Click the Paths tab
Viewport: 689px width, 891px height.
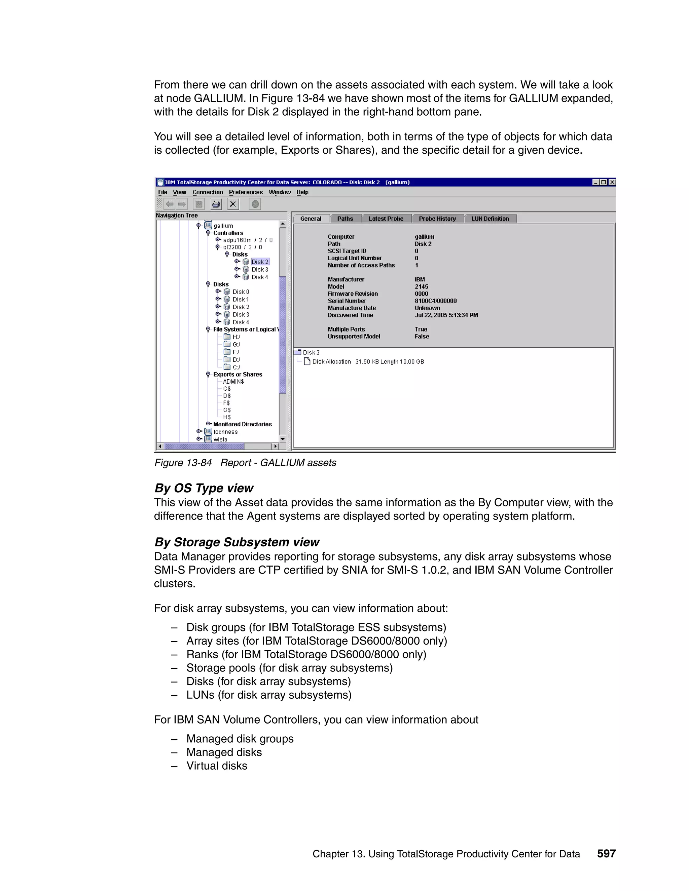coord(345,219)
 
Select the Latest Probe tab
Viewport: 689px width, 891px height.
coord(386,219)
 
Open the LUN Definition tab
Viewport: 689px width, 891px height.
coord(490,219)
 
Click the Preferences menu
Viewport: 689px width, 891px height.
coord(245,192)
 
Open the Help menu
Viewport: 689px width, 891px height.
coord(302,192)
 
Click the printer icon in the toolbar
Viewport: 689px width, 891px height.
coord(216,204)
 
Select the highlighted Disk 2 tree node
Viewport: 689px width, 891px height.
coord(260,262)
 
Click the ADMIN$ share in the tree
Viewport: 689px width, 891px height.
coord(233,382)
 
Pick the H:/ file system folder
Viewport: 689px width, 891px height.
coord(236,337)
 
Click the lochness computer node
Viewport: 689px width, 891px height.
coord(225,432)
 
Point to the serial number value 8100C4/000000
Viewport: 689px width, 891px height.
coord(436,301)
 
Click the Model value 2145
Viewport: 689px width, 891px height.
coord(421,286)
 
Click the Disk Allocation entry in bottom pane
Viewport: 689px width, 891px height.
coord(331,361)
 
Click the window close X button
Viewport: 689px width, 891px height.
coord(612,182)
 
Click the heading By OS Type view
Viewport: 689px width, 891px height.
coord(204,488)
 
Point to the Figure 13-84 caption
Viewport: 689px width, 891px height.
coord(245,463)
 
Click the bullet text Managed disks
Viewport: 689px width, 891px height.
coord(224,752)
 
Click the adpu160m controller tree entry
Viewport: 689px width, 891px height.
coord(247,240)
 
